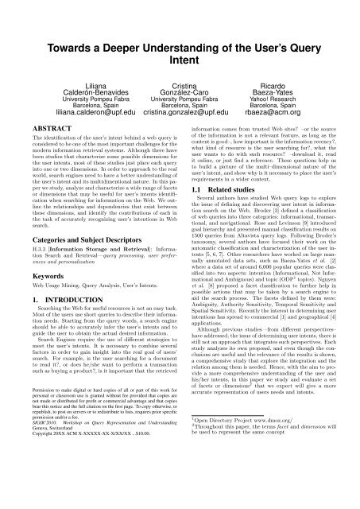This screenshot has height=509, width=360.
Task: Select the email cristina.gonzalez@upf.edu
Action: [180, 115]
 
